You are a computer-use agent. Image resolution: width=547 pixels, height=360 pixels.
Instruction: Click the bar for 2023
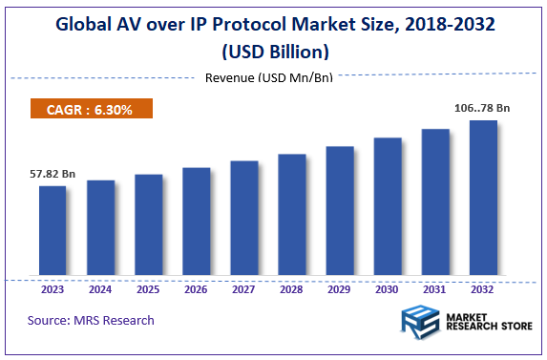click(53, 232)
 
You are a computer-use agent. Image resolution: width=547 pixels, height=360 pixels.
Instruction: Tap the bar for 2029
click(340, 212)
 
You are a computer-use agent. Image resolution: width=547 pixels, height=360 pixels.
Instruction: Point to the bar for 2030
click(388, 208)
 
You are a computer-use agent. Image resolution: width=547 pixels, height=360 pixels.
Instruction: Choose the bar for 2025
click(148, 226)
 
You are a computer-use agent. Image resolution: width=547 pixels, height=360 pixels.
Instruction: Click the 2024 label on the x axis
click(100, 288)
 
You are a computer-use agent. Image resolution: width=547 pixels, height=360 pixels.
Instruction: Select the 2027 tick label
click(243, 288)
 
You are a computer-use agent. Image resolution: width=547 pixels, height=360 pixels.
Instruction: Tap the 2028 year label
click(291, 288)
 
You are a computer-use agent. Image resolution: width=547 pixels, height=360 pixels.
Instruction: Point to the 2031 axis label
click(435, 288)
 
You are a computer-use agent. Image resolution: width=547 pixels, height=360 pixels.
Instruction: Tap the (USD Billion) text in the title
click(273, 51)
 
